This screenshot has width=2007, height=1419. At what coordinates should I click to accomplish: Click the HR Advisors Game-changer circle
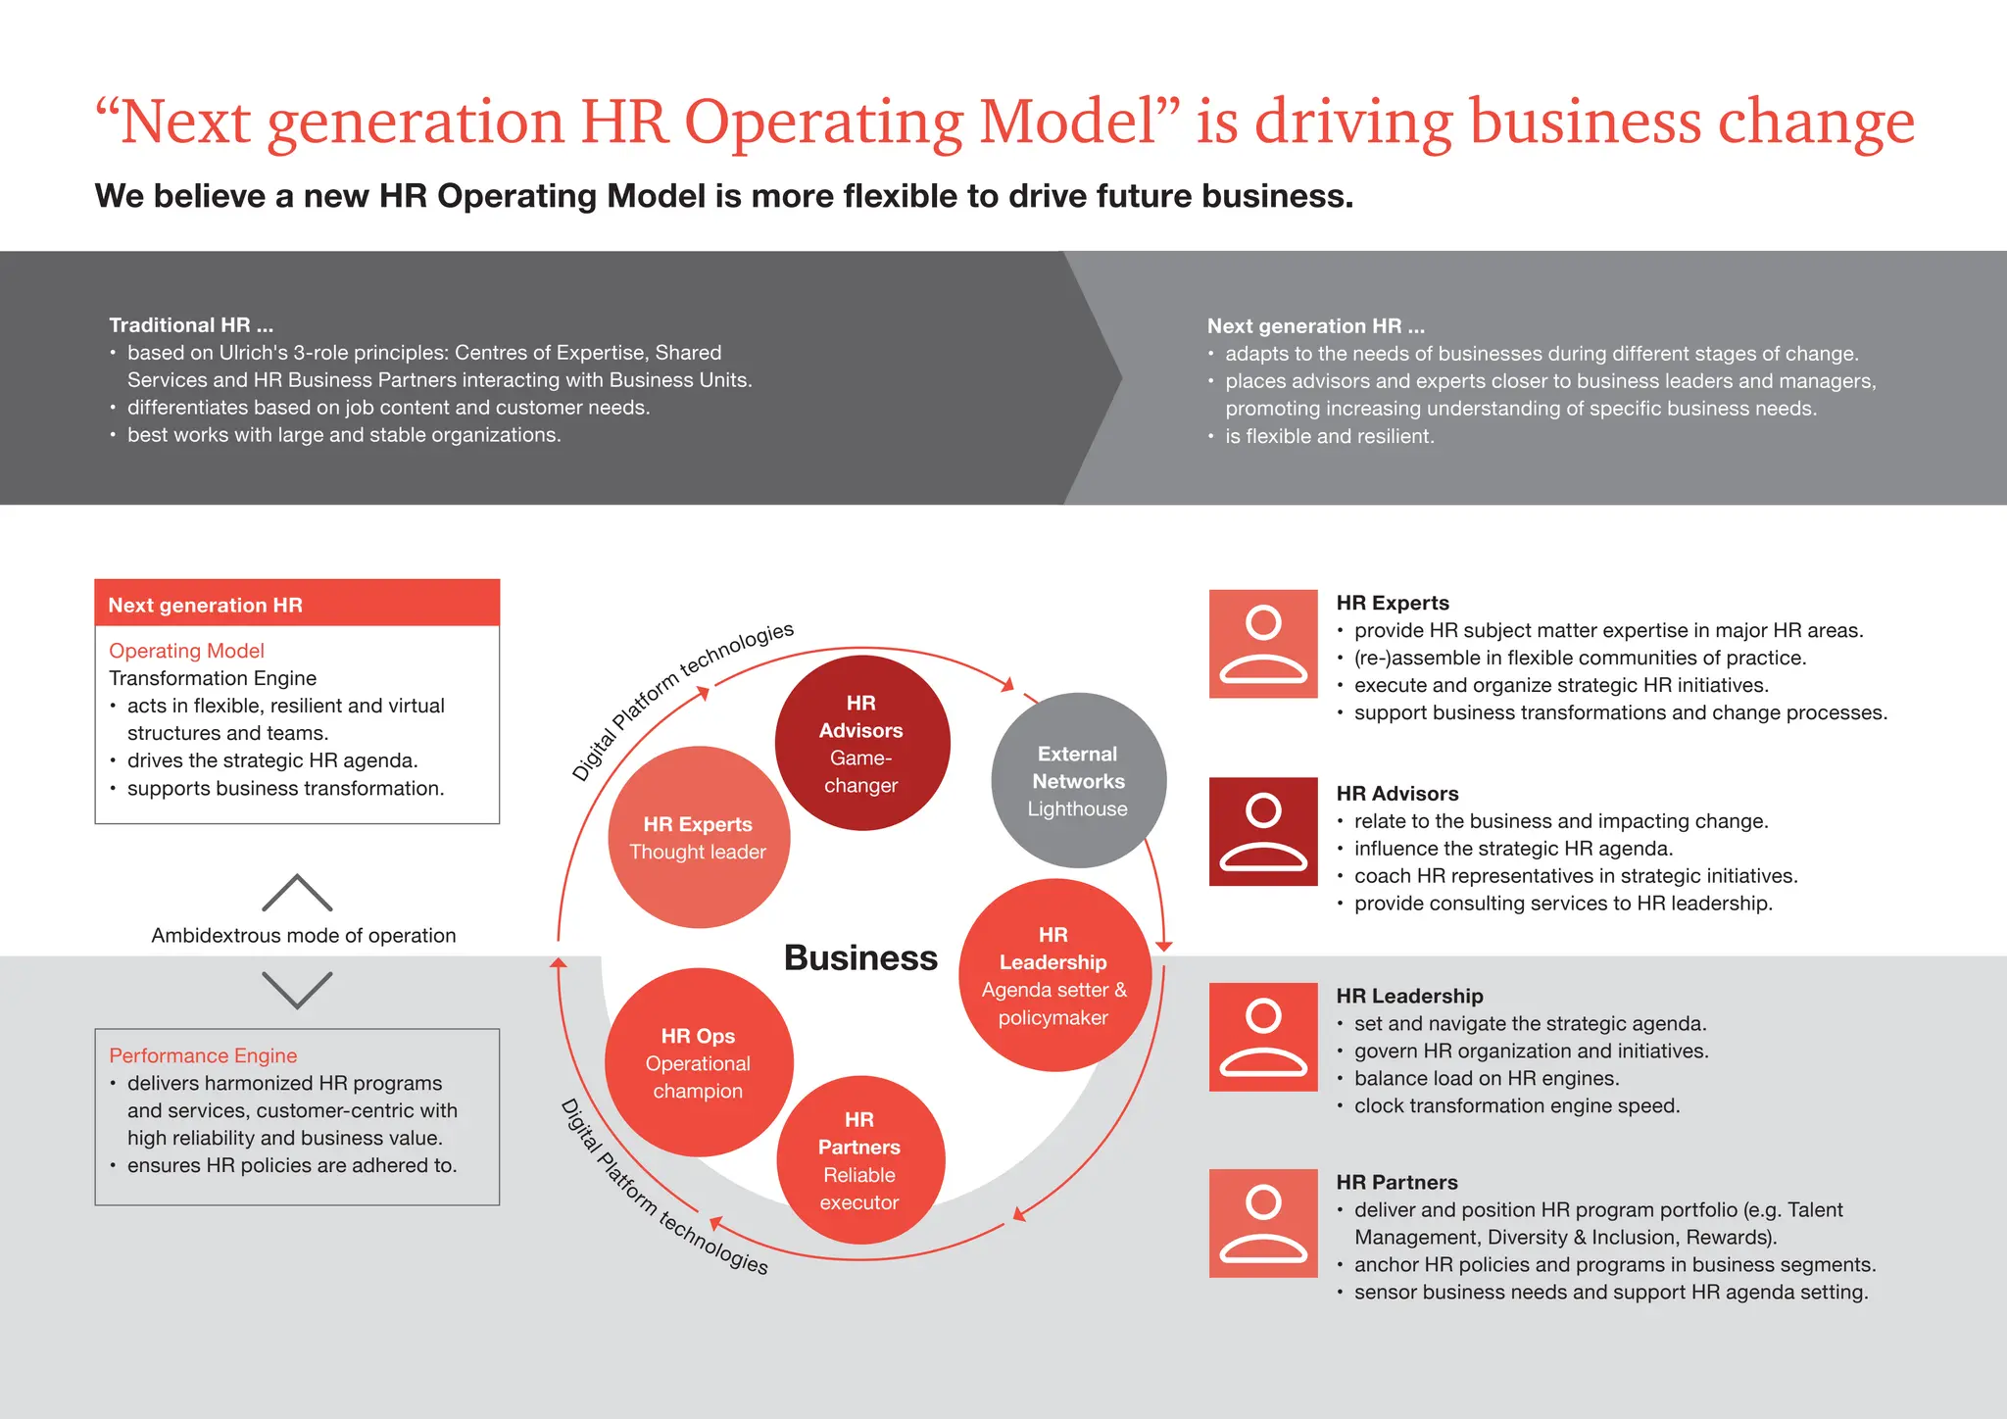click(861, 743)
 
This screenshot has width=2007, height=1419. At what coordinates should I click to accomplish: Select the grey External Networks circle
click(1078, 780)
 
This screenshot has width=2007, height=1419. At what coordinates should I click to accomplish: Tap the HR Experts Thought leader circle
click(698, 837)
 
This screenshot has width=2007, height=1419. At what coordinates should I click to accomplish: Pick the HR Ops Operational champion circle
click(698, 1062)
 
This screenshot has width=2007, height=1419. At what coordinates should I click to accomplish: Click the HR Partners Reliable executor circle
click(859, 1160)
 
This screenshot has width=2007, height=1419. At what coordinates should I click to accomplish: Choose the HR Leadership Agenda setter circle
click(1053, 975)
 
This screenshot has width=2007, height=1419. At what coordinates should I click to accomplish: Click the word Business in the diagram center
click(860, 957)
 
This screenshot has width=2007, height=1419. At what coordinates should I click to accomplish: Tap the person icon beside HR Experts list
click(1263, 644)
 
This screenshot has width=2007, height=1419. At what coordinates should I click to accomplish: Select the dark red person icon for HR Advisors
click(1263, 831)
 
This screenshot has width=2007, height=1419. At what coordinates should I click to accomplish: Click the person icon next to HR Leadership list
click(1263, 1037)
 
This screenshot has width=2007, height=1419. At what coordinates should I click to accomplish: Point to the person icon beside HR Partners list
click(1263, 1223)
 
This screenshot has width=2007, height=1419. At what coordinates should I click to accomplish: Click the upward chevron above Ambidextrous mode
click(297, 893)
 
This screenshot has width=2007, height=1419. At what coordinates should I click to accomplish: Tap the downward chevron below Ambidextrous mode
click(297, 990)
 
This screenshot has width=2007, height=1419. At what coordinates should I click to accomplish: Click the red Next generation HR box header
click(297, 604)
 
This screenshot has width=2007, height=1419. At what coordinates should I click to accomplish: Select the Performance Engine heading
click(203, 1055)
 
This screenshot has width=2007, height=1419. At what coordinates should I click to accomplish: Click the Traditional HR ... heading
click(191, 325)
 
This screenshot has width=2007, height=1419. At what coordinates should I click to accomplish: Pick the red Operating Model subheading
click(186, 651)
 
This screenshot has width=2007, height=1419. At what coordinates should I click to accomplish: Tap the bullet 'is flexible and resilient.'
click(1329, 436)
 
